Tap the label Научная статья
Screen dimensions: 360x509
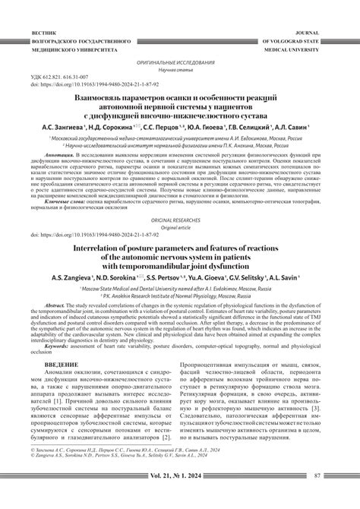[180, 68]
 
